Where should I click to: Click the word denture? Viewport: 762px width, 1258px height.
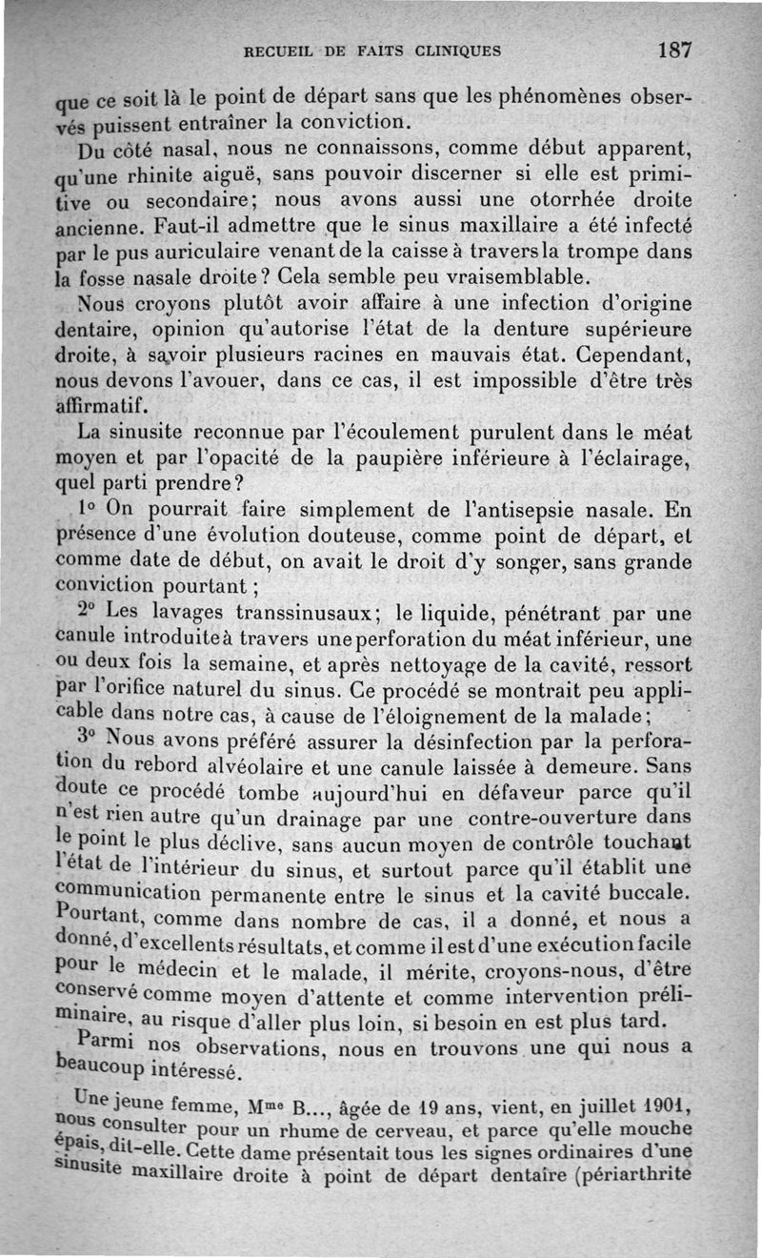point(497,331)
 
